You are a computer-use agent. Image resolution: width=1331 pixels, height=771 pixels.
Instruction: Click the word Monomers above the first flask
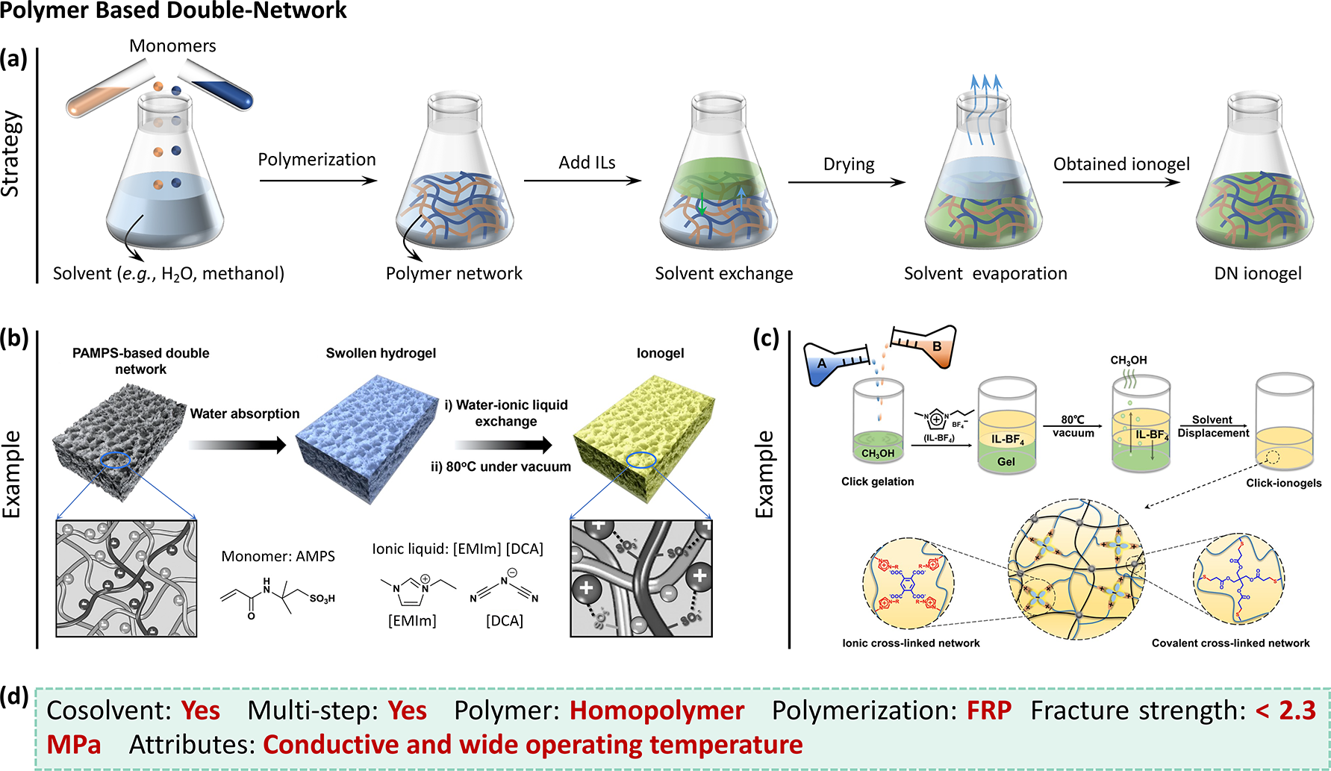tap(172, 46)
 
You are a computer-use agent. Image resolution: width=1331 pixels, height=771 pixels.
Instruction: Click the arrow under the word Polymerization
tap(318, 180)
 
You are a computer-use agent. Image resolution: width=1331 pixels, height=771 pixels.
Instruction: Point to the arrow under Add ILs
tap(582, 180)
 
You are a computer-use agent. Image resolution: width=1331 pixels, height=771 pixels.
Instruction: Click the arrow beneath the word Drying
tap(847, 181)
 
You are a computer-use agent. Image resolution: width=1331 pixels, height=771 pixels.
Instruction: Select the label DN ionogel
tap(1257, 274)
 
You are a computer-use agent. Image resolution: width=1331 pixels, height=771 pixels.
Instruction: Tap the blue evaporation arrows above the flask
tap(985, 109)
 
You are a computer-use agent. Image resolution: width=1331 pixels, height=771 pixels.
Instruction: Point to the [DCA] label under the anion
tap(505, 621)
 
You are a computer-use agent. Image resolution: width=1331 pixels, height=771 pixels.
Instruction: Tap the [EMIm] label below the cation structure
tap(412, 621)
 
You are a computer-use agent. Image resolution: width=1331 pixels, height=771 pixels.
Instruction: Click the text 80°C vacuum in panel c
tap(1073, 426)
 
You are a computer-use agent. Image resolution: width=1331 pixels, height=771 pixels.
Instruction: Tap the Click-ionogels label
tap(1283, 483)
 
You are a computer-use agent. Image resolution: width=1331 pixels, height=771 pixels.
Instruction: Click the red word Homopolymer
tap(657, 711)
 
